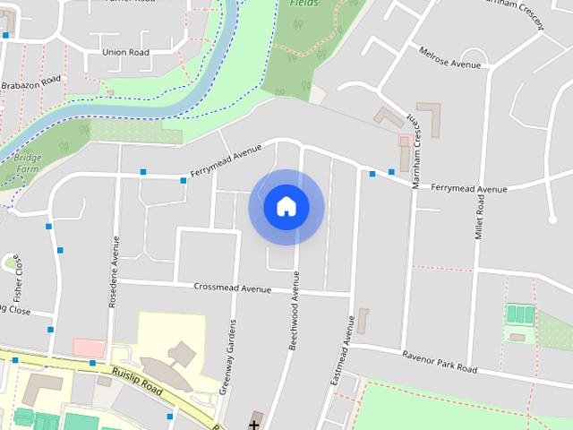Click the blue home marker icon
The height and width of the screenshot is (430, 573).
[286, 207]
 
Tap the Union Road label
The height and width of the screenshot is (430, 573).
[124, 52]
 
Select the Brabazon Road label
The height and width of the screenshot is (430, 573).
[30, 82]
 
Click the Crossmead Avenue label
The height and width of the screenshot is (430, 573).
[232, 288]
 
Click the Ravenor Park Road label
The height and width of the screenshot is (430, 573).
[440, 363]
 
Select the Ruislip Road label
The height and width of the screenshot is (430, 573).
[137, 379]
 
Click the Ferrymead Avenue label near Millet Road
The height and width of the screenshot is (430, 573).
[468, 189]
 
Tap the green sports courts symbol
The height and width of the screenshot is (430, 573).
[520, 314]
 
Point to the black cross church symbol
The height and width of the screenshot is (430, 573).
[254, 423]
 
